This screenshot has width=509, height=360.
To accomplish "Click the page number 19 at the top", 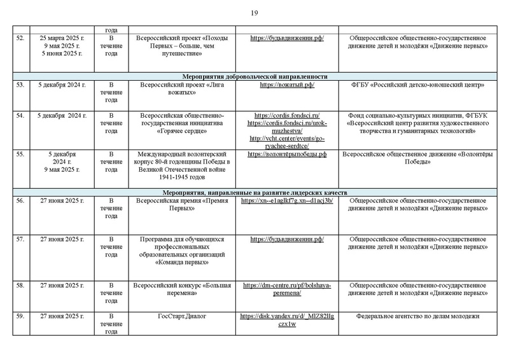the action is coord(254,13).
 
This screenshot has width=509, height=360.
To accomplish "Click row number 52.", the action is coord(20,38).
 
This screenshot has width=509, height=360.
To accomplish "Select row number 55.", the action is coord(20,154).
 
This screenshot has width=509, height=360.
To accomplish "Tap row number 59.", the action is coord(20,317).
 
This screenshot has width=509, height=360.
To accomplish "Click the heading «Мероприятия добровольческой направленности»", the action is coord(254,74).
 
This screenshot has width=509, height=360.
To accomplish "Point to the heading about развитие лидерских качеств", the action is coord(254,191).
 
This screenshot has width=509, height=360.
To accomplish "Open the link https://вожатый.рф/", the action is coord(287,85).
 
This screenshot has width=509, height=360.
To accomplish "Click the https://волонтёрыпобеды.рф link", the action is coord(287,154).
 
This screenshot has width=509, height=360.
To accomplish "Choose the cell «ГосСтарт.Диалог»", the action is coord(182,317).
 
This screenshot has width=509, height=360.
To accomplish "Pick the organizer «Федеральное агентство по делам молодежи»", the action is coord(417,317).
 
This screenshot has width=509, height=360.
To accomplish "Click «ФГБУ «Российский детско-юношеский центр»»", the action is coord(417,85).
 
